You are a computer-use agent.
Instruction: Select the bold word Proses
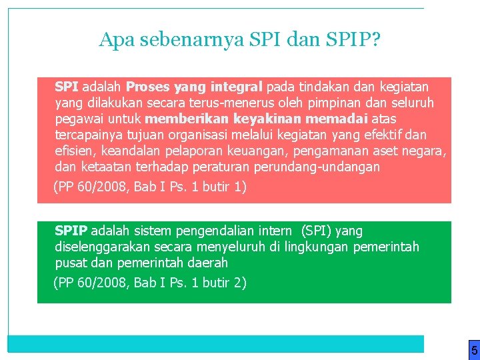click(147, 87)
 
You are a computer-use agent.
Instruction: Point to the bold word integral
click(237, 87)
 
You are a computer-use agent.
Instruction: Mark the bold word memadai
click(331, 119)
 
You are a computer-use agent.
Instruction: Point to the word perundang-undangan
click(322, 167)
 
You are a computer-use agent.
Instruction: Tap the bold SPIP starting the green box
click(71, 231)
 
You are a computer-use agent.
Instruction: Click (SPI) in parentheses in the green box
click(317, 231)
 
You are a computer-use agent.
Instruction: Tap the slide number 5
click(474, 350)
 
